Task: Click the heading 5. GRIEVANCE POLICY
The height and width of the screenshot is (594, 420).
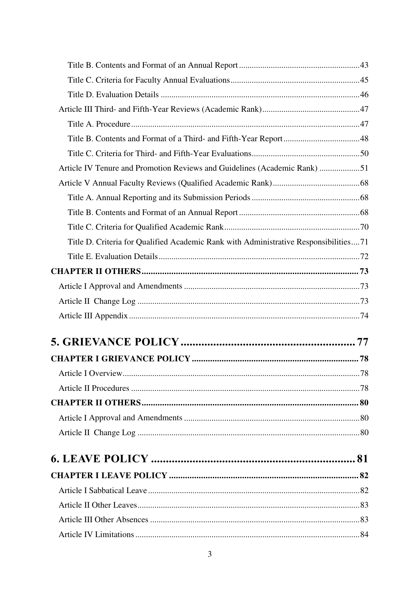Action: coord(115,342)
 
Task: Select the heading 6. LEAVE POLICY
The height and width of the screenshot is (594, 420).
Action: coord(100,459)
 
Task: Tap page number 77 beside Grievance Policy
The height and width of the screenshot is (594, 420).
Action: coord(362,342)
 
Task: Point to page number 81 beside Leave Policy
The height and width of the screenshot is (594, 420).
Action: coord(362,459)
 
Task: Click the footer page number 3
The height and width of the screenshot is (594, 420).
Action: coord(210,554)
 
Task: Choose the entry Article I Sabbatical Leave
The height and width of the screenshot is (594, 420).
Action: coord(103,490)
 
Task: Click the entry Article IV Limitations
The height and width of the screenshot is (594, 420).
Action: coord(96,535)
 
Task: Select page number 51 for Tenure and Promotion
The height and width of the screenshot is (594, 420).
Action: coord(364,168)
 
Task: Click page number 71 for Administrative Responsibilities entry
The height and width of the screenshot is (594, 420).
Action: coord(364,242)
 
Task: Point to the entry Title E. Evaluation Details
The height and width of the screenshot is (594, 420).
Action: coord(113,257)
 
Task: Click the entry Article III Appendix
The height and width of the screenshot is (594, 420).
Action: coord(93,316)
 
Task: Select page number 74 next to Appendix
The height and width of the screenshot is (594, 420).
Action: coord(364,316)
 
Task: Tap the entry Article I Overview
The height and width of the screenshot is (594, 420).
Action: coord(90,374)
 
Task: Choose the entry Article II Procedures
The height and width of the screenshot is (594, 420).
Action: coord(94,388)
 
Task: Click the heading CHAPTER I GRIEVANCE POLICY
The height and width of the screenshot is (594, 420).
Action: coord(120,359)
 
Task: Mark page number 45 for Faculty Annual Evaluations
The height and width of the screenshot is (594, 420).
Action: coord(364,80)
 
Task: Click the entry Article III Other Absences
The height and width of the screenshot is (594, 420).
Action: coord(103,520)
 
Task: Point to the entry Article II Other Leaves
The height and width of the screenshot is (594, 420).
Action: coord(97,505)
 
